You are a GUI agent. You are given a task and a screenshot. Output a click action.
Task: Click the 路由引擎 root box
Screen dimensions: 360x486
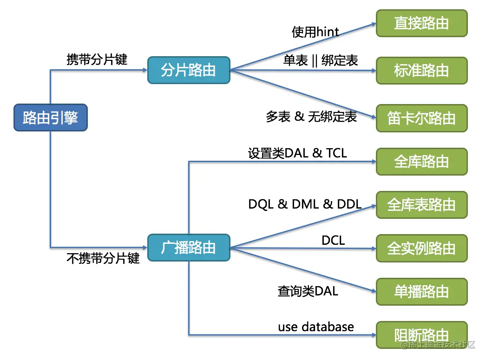(x=49, y=118)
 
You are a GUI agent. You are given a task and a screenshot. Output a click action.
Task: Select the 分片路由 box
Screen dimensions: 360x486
(x=188, y=70)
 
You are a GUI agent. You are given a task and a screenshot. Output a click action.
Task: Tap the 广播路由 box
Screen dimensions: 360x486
(x=188, y=248)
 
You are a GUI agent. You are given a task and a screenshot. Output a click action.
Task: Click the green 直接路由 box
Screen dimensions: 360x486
(x=421, y=23)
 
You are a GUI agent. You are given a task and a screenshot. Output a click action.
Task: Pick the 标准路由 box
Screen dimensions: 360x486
(x=421, y=70)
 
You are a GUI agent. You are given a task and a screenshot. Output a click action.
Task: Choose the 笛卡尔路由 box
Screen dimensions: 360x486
(x=421, y=118)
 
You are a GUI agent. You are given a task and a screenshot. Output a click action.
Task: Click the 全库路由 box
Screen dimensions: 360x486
(x=421, y=162)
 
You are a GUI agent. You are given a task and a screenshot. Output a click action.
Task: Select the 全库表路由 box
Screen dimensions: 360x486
(x=421, y=205)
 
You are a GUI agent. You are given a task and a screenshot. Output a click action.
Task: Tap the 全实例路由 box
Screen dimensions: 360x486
(x=421, y=248)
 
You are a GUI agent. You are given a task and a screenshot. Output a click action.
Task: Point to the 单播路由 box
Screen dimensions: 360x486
(x=421, y=291)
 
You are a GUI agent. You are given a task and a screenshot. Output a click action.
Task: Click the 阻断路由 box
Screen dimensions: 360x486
(x=421, y=334)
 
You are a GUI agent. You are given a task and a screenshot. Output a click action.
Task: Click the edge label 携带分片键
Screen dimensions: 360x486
(x=97, y=59)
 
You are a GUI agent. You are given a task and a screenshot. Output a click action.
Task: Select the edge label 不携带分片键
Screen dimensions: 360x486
(x=103, y=258)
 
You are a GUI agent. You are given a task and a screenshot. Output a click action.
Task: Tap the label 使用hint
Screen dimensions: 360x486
(x=315, y=32)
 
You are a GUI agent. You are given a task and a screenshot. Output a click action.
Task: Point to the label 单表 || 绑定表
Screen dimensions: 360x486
(x=321, y=60)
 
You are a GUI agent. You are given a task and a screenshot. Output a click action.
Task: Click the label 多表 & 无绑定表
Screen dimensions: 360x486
(x=311, y=117)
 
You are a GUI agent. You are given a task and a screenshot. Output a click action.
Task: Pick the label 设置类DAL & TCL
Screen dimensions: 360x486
(x=297, y=153)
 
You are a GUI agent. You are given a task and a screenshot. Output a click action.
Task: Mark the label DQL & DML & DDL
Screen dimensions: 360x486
(x=305, y=204)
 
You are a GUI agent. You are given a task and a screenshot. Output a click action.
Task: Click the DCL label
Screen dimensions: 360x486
(x=333, y=240)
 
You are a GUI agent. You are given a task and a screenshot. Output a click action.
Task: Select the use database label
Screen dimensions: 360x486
(x=316, y=327)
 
